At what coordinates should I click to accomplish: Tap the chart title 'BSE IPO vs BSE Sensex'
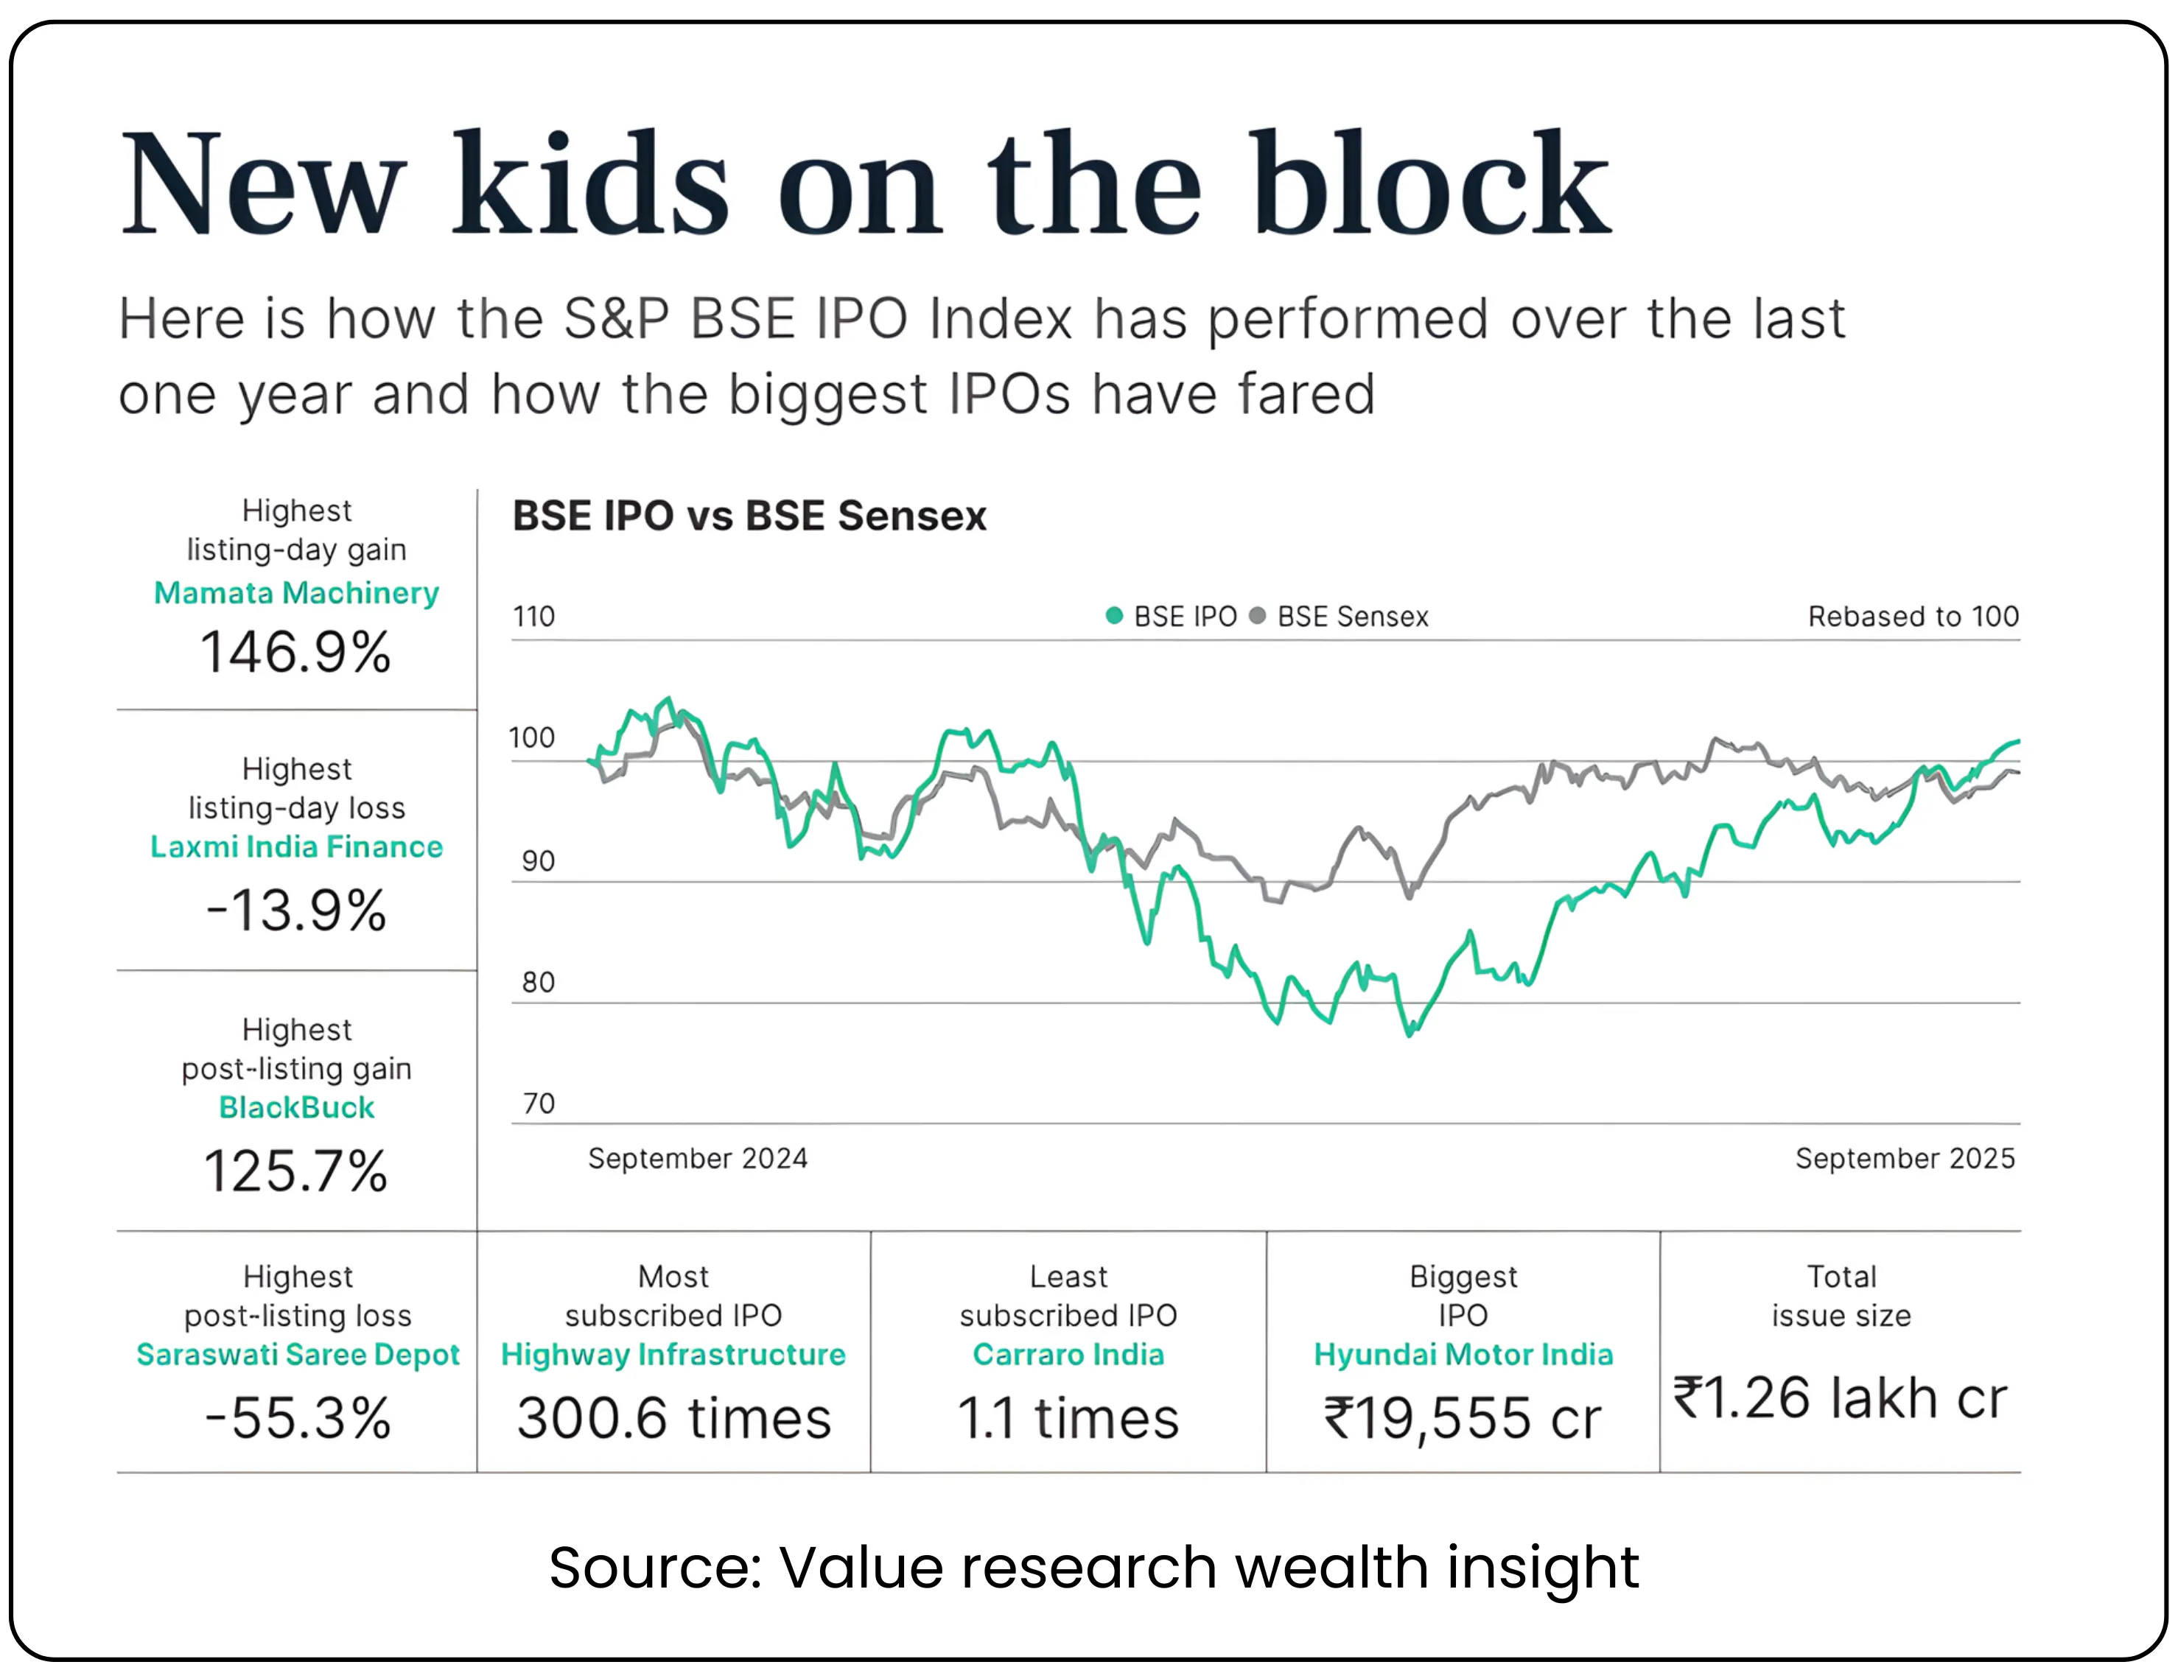pyautogui.click(x=749, y=516)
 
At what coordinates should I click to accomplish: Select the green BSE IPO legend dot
pyautogui.click(x=1114, y=617)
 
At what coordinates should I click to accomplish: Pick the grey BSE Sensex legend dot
pyautogui.click(x=1257, y=617)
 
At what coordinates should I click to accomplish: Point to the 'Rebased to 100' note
pyautogui.click(x=1912, y=617)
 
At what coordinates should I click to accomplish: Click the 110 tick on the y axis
pyautogui.click(x=533, y=617)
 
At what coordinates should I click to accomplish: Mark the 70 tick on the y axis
pyautogui.click(x=539, y=1104)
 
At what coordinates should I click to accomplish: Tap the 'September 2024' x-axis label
pyautogui.click(x=697, y=1158)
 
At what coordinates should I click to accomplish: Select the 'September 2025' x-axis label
pyautogui.click(x=1904, y=1158)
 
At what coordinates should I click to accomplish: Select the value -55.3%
pyautogui.click(x=298, y=1418)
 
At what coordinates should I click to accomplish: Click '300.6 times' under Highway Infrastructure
pyautogui.click(x=673, y=1418)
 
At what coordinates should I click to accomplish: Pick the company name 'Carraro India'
pyautogui.click(x=1068, y=1354)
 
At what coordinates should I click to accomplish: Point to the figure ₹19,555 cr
pyautogui.click(x=1462, y=1418)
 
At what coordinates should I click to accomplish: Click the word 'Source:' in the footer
pyautogui.click(x=655, y=1568)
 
